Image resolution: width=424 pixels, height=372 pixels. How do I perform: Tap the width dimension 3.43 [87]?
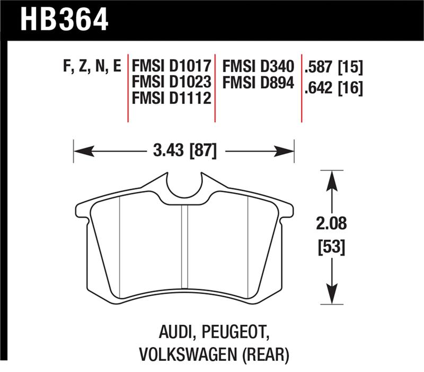(x=183, y=151)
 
